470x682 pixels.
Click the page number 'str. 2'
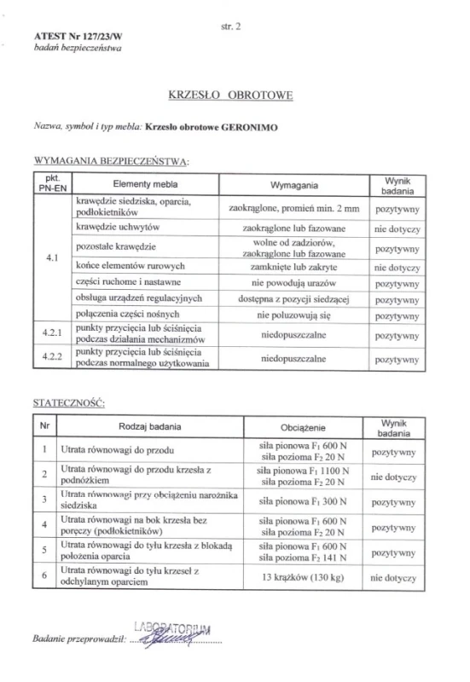[232, 26]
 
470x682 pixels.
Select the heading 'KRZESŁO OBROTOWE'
[232, 96]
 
